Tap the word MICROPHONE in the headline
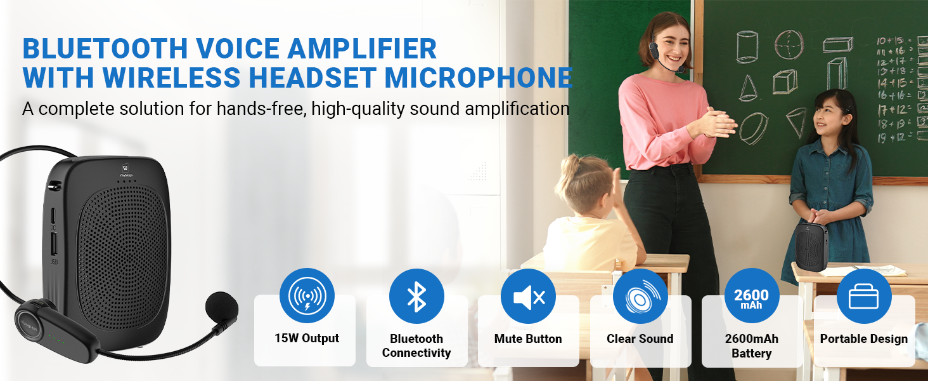(x=478, y=77)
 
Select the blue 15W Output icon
(x=307, y=296)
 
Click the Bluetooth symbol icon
(x=416, y=296)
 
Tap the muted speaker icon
(x=528, y=296)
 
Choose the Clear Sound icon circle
(x=640, y=296)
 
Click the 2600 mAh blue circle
(x=751, y=296)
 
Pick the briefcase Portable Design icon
(x=863, y=296)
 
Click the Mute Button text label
(x=528, y=339)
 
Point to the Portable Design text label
(x=863, y=339)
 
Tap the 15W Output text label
(x=307, y=338)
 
